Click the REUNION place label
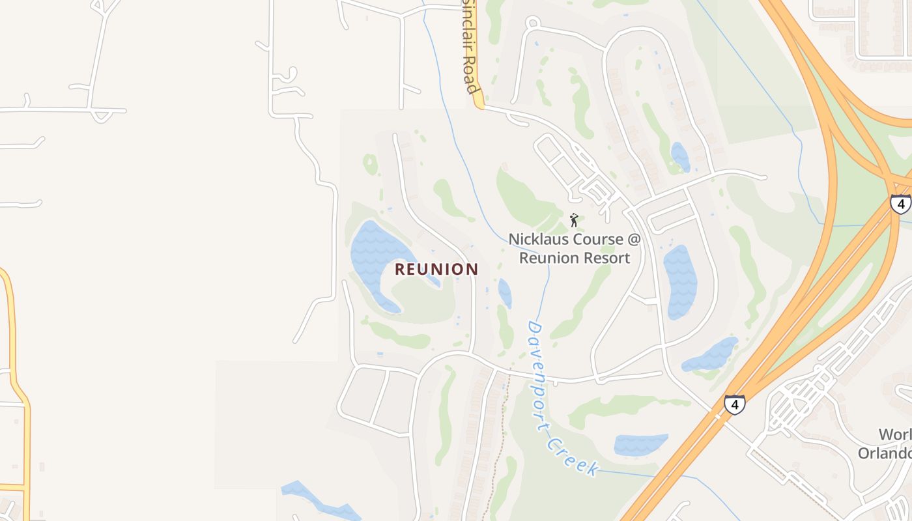tap(436, 269)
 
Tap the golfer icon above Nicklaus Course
tap(574, 220)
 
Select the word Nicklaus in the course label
tap(538, 239)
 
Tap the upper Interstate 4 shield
tap(901, 204)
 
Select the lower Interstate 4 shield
tap(734, 404)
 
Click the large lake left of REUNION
tap(375, 254)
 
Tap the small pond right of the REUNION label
tap(505, 293)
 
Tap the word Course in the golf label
tap(590, 239)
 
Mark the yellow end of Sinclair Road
tap(479, 103)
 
